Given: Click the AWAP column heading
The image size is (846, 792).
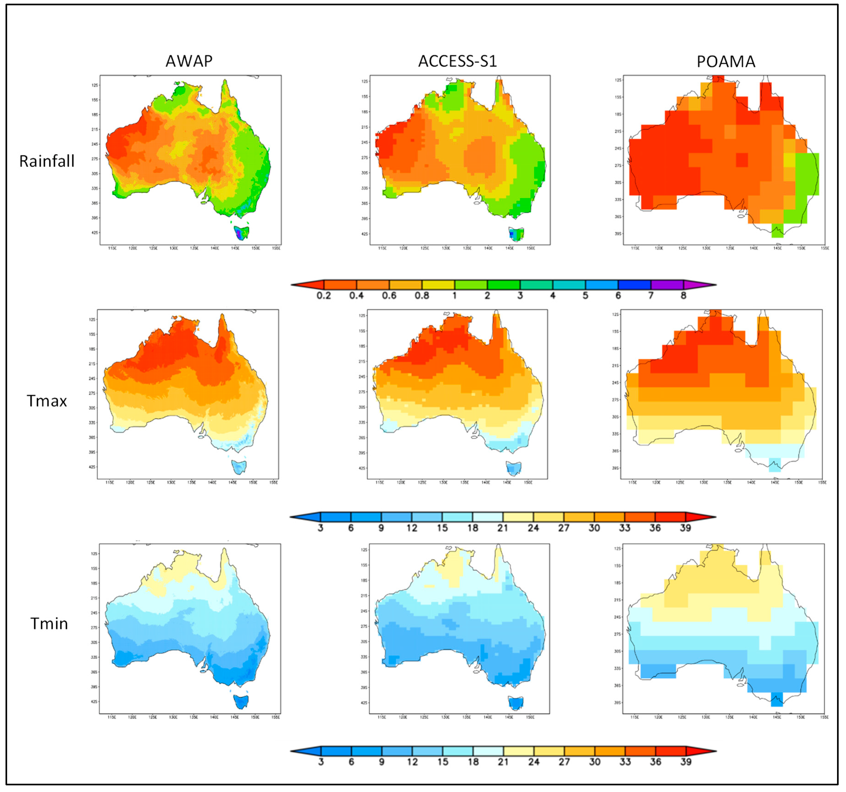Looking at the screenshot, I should click(x=189, y=61).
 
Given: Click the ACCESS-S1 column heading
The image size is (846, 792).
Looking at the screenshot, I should click(x=457, y=61).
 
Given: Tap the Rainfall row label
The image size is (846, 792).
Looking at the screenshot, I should click(x=47, y=161).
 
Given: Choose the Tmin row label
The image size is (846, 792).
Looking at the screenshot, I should click(x=49, y=624).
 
